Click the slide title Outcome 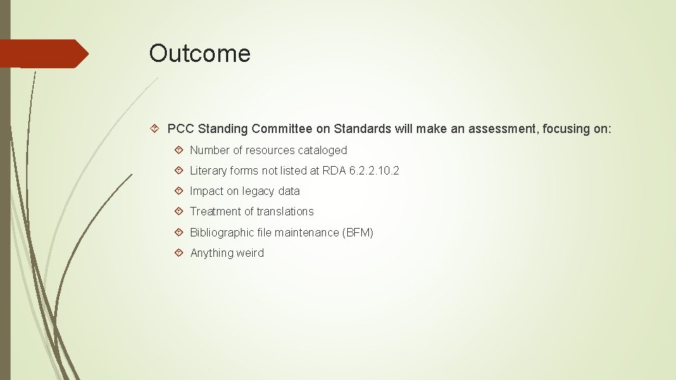click(x=199, y=53)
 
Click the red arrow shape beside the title click(x=44, y=53)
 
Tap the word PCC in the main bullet click(x=181, y=129)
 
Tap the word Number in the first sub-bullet click(x=210, y=150)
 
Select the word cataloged click(x=323, y=150)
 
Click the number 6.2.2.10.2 click(x=374, y=170)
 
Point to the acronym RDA click(x=334, y=170)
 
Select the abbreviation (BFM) click(x=357, y=232)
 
